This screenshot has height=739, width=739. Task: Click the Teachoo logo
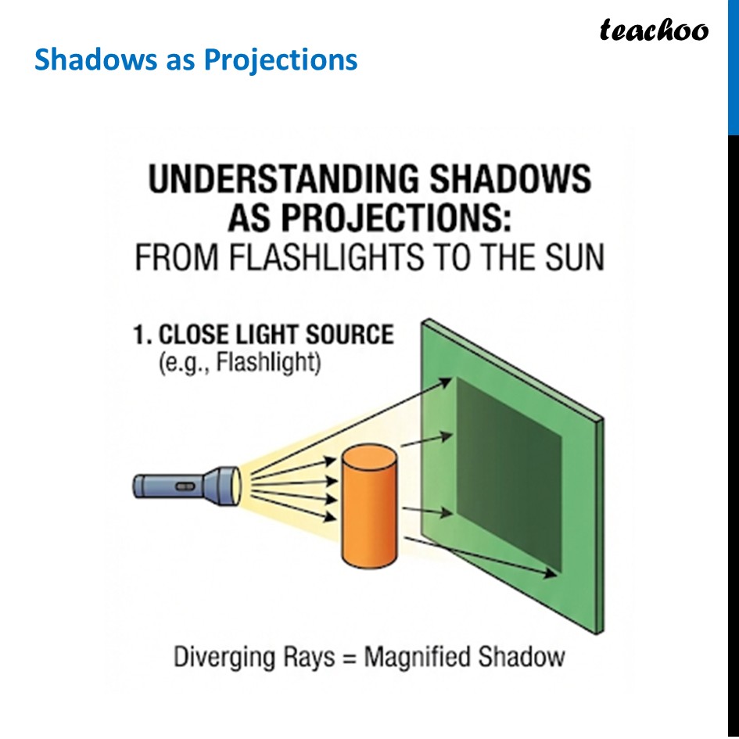point(654,30)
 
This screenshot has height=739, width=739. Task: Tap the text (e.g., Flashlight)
point(239,364)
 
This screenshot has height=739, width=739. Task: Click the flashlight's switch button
point(185,486)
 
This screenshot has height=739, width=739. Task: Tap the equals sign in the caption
point(349,657)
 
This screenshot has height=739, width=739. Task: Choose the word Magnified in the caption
point(414,656)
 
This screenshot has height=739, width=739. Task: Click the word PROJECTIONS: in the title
point(369,219)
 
